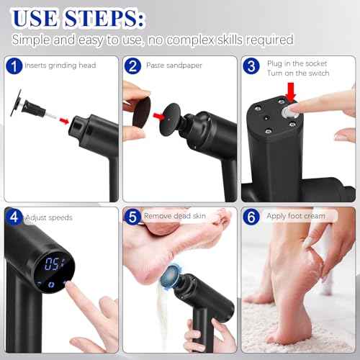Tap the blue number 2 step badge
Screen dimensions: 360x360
(x=132, y=66)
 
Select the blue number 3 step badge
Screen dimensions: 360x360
(x=251, y=66)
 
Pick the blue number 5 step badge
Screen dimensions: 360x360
(x=132, y=215)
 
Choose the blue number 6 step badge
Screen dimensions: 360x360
(x=251, y=215)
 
